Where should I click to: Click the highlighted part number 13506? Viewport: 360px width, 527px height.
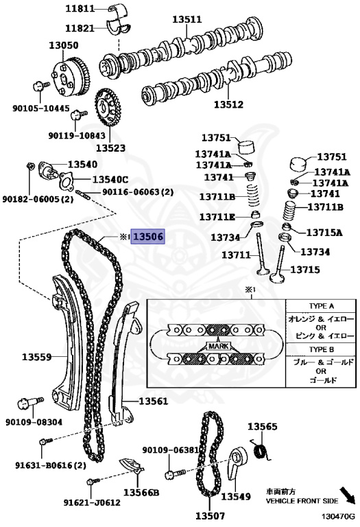point(147,237)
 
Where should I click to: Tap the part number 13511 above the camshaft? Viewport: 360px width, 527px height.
point(187,19)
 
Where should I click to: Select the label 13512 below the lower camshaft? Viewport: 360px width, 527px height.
point(229,104)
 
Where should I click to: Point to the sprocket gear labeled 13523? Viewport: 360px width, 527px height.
point(108,106)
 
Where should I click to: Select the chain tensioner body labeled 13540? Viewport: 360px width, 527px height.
point(48,169)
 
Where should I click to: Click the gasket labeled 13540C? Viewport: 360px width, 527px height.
point(67,180)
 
